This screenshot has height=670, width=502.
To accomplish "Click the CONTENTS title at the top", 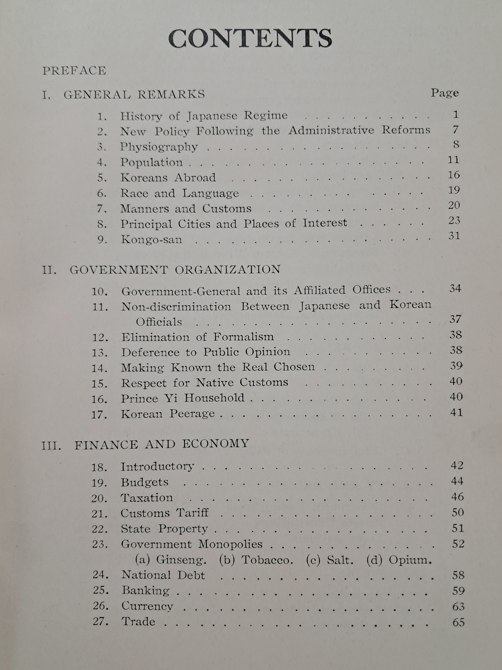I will pyautogui.click(x=250, y=39).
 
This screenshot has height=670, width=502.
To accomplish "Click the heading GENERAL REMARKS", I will pyautogui.click(x=134, y=95).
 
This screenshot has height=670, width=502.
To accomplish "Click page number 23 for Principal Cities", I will pyautogui.click(x=454, y=221).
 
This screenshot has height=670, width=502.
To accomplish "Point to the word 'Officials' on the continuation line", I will pyautogui.click(x=159, y=322).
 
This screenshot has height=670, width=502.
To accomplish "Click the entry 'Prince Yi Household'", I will pyautogui.click(x=183, y=398).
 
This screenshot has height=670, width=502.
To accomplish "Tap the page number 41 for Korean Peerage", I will pyautogui.click(x=456, y=413).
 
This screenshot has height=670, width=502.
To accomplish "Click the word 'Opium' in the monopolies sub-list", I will pyautogui.click(x=409, y=560).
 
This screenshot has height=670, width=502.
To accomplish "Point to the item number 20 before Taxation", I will pyautogui.click(x=99, y=498).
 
